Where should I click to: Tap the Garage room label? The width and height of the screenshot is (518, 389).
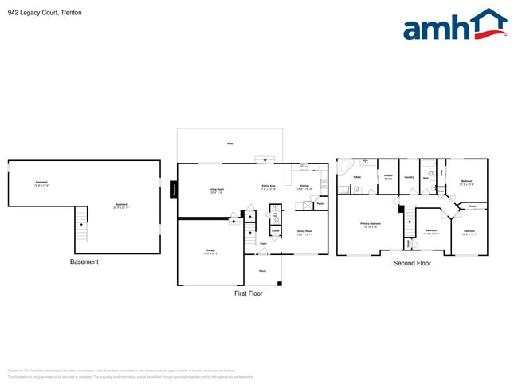[x=210, y=252]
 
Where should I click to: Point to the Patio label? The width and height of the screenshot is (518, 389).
[x=230, y=143]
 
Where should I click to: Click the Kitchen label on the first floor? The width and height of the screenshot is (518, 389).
[x=304, y=187]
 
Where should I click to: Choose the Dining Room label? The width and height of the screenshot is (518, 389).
[x=304, y=234]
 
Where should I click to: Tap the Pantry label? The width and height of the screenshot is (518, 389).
[x=320, y=204]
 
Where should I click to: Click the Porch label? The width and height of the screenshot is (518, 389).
[x=262, y=271]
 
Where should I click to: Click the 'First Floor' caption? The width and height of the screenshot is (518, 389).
[x=248, y=293]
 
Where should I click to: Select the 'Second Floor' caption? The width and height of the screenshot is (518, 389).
[x=412, y=262]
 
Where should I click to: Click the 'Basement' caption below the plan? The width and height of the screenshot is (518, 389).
[x=84, y=261]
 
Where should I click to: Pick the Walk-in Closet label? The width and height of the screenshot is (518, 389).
[x=388, y=178]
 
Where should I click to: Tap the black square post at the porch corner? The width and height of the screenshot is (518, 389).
[x=280, y=284]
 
